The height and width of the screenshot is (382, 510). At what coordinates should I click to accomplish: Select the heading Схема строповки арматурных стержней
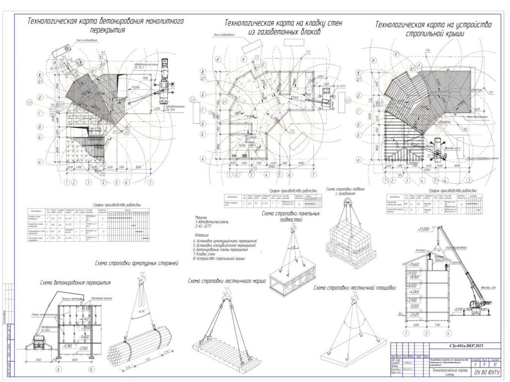(135, 262)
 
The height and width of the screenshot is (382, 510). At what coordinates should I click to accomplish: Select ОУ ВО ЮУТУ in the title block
(486, 372)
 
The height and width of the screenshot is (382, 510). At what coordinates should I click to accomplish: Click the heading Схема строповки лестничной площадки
(355, 287)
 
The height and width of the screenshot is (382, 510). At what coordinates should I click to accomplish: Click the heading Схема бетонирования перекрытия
(75, 282)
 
